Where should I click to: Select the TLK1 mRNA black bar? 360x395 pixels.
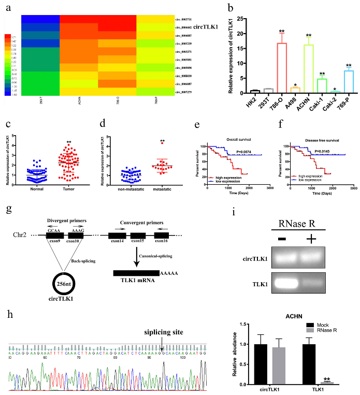click(137, 273)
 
